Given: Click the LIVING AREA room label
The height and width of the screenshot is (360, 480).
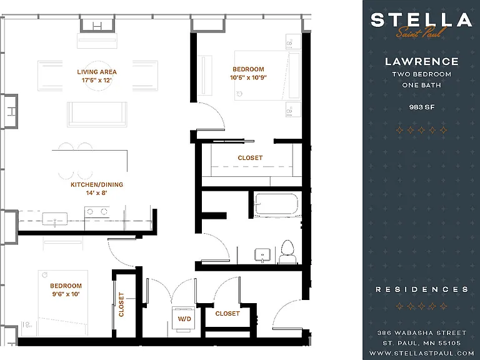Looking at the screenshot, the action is pyautogui.click(x=97, y=72).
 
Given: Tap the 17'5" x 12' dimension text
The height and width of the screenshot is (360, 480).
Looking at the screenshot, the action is pyautogui.click(x=97, y=80).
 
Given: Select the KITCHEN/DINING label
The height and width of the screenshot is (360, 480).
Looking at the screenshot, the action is pyautogui.click(x=97, y=184).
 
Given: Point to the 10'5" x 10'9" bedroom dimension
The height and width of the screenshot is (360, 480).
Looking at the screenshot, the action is pyautogui.click(x=248, y=77).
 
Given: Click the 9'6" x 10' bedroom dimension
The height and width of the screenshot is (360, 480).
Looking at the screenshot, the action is pyautogui.click(x=66, y=294).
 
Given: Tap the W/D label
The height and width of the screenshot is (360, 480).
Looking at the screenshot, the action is pyautogui.click(x=184, y=319).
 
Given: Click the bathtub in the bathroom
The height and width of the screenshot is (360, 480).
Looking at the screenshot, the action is pyautogui.click(x=276, y=204).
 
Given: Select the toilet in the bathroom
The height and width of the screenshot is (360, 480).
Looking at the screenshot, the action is pyautogui.click(x=287, y=252).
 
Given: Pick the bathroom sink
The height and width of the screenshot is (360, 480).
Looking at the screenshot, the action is pyautogui.click(x=262, y=255).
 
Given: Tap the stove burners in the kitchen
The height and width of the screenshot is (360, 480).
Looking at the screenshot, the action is pyautogui.click(x=97, y=211).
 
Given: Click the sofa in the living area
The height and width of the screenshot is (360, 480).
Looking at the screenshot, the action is pyautogui.click(x=97, y=114).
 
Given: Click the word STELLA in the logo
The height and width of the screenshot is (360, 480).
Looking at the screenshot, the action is pyautogui.click(x=421, y=20).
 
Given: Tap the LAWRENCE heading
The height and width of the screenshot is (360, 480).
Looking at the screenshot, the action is pyautogui.click(x=421, y=61).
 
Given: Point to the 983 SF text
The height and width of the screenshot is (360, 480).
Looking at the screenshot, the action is pyautogui.click(x=422, y=107).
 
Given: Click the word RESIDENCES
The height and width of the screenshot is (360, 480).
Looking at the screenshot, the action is pyautogui.click(x=422, y=289).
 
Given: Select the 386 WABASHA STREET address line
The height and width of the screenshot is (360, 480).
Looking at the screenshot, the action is pyautogui.click(x=422, y=332).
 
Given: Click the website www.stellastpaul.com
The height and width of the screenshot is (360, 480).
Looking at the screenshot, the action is pyautogui.click(x=422, y=353).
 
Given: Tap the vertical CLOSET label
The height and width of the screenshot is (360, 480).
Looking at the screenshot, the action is pyautogui.click(x=121, y=304).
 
